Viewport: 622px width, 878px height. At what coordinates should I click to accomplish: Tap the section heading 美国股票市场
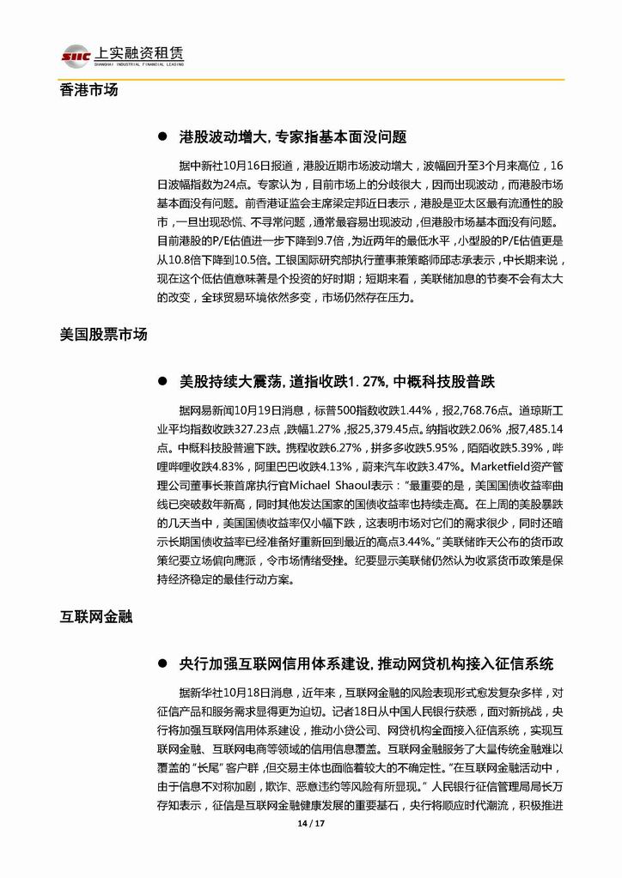103,335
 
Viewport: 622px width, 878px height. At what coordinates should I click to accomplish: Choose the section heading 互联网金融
95,616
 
